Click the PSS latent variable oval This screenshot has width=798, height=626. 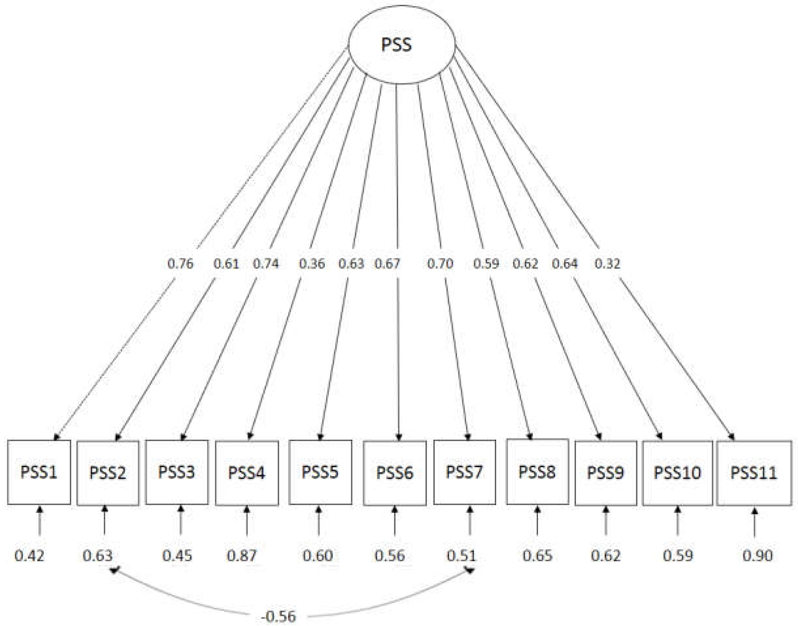pyautogui.click(x=401, y=45)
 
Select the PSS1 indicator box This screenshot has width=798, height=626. pyautogui.click(x=39, y=472)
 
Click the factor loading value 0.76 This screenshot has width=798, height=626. pyautogui.click(x=180, y=264)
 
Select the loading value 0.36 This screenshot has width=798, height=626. pyautogui.click(x=312, y=264)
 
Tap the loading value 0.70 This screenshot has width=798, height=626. pyautogui.click(x=440, y=264)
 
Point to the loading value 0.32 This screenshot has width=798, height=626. pyautogui.click(x=607, y=264)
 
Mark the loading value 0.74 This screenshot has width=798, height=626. pyautogui.click(x=266, y=264)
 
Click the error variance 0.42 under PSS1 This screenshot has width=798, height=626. pyautogui.click(x=29, y=556)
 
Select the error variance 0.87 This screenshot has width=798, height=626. pyautogui.click(x=242, y=556)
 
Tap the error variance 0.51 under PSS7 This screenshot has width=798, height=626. pyautogui.click(x=461, y=556)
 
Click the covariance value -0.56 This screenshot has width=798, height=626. pyautogui.click(x=278, y=617)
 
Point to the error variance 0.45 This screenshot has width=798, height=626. pyautogui.click(x=177, y=556)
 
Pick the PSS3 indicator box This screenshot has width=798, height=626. pyautogui.click(x=176, y=472)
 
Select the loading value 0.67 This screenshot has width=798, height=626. pyautogui.click(x=387, y=264)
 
